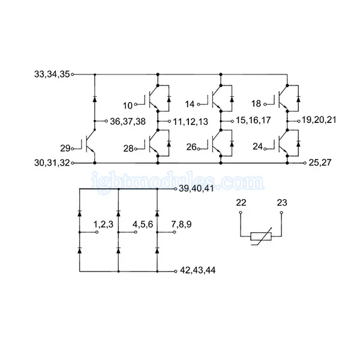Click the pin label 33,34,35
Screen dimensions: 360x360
52,74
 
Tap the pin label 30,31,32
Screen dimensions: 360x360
52,163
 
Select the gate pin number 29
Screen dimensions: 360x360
65,148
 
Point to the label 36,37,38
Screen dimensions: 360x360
128,121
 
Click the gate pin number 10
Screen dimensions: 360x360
128,106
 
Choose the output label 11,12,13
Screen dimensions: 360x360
190,122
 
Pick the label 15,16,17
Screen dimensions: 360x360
253,121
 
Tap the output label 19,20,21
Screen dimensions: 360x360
319,120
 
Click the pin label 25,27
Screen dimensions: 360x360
320,163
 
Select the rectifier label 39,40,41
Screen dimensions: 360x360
196,188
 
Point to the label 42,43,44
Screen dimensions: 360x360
197,270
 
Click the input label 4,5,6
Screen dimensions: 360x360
143,224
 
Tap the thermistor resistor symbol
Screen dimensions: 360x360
261,236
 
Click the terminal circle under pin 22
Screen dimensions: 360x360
241,212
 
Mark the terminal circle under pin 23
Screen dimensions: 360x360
281,212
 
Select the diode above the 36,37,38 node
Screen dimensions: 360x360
94,99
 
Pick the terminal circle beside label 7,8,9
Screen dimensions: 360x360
175,232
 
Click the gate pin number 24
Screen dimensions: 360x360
257,146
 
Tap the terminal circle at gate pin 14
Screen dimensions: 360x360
199,104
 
